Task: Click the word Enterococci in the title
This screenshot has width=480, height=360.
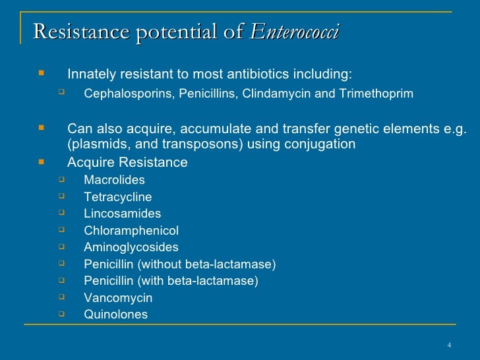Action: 296,30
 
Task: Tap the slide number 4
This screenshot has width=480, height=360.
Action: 448,345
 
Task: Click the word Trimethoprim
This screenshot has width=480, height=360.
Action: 376,94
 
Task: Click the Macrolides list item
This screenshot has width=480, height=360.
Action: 114,180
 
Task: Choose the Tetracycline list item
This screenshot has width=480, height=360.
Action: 117,197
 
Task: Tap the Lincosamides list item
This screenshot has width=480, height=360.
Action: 122,214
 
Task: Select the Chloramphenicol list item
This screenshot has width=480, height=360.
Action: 131,231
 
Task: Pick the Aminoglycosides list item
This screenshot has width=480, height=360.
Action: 131,247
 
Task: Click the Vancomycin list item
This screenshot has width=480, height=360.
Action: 118,298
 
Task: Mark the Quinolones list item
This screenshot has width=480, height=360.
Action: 115,315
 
